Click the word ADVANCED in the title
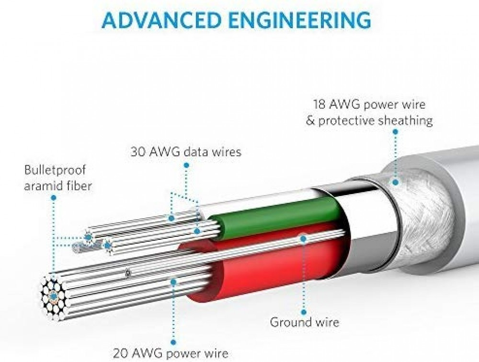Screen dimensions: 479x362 (161, 20)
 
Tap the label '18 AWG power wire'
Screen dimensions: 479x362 (369, 105)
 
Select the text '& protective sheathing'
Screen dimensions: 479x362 (369, 121)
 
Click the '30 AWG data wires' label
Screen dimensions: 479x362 (186, 152)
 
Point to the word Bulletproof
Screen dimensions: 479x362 (55, 170)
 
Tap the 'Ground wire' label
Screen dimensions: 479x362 (304, 322)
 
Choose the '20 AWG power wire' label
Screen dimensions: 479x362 (171, 354)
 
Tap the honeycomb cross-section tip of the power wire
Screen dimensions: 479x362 (54, 296)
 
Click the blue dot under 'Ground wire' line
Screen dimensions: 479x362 (304, 312)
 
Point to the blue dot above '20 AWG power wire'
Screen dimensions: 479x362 (173, 342)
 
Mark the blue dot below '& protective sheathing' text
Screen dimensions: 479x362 (395, 132)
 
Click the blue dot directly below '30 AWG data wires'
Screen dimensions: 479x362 (186, 165)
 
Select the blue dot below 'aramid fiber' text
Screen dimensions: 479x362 (54, 198)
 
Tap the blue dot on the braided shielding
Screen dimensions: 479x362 (396, 183)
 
